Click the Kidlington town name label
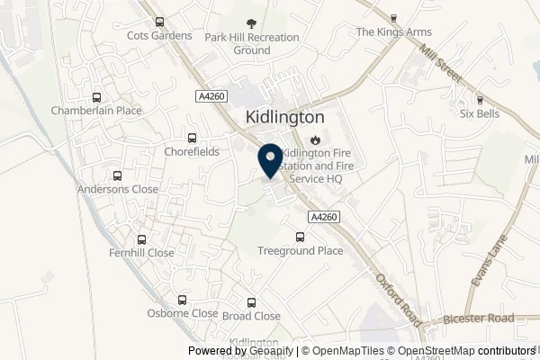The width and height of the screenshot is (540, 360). point(284,118)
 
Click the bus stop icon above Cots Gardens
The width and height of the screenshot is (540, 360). point(159,22)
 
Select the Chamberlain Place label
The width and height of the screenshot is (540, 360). point(96,110)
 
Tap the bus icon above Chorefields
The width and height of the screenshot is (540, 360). point(191,139)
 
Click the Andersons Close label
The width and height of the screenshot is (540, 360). point(117,189)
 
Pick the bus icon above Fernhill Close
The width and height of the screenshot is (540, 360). point(141,240)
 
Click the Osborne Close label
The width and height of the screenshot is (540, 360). point(183,313)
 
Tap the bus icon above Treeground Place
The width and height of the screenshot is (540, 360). point(300,238)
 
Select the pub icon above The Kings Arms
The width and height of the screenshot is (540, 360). point(394,18)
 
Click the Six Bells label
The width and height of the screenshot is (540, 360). point(480,113)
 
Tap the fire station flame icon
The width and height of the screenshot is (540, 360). point(315,139)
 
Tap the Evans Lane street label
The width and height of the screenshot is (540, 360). point(491,260)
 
